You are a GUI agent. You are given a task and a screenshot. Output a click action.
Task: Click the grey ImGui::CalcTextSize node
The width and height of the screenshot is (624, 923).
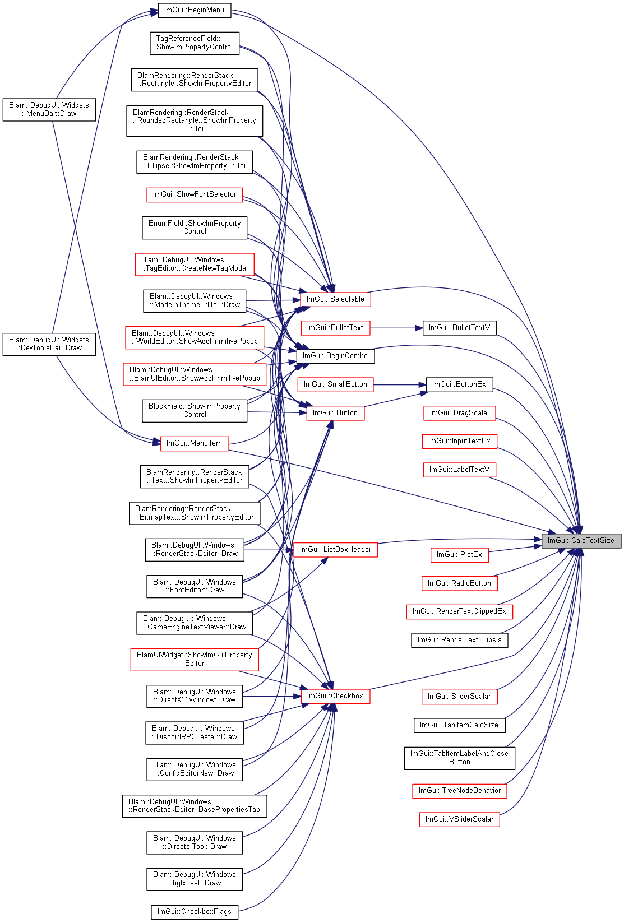(x=581, y=541)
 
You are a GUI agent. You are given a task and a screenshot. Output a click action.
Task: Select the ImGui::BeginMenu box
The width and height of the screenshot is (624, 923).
(x=194, y=10)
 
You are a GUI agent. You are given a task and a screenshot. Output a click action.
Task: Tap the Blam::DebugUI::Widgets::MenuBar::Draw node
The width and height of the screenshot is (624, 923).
(x=49, y=110)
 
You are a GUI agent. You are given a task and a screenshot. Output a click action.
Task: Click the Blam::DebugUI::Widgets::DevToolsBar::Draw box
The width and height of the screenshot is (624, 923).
(x=49, y=344)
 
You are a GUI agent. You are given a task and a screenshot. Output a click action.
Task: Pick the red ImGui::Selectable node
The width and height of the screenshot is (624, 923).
(x=335, y=299)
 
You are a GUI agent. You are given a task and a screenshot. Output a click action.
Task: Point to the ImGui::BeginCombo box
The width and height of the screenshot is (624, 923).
(x=335, y=356)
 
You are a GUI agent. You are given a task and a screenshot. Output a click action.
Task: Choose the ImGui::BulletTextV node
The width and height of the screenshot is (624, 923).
(x=460, y=328)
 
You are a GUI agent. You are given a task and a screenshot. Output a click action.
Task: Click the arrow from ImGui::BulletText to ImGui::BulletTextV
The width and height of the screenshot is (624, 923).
(x=396, y=328)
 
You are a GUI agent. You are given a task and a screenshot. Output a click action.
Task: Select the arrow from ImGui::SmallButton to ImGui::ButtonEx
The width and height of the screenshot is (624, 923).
(x=400, y=385)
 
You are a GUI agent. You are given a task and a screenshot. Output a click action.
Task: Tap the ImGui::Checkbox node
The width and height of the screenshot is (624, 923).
(x=335, y=696)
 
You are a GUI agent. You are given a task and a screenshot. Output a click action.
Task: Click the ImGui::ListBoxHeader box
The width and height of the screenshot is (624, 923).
(x=335, y=550)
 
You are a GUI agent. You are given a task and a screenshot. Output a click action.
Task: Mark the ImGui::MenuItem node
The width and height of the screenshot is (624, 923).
(x=194, y=443)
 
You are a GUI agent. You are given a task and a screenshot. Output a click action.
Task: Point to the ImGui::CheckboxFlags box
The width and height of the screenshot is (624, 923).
(x=195, y=911)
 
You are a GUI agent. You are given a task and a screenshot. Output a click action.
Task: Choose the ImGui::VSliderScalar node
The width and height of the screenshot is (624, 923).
(x=460, y=819)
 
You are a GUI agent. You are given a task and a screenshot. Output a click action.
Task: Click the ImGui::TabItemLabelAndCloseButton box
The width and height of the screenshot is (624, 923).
(x=460, y=758)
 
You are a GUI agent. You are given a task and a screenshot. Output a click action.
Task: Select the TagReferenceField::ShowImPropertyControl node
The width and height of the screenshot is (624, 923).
(x=195, y=43)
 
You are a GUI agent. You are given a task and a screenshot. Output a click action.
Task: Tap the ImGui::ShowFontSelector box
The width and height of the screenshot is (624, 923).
(x=195, y=194)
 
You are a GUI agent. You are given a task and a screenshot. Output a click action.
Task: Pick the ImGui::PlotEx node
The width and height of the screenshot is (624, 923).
(x=460, y=555)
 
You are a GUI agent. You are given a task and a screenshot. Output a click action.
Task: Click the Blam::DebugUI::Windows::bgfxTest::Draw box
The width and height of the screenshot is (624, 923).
(x=195, y=879)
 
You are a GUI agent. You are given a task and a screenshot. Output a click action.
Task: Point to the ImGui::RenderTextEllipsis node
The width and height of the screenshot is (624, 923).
(x=460, y=640)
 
